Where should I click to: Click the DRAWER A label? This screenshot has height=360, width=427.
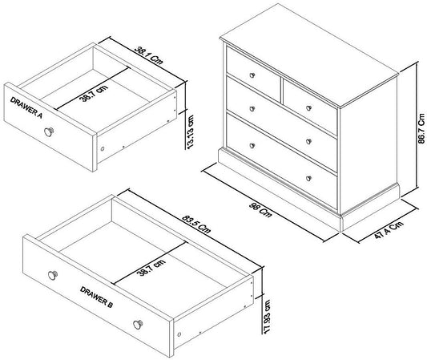(x=26, y=107)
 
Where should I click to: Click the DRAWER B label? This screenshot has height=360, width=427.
(x=96, y=297)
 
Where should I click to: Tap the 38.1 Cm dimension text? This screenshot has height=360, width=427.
(x=149, y=55)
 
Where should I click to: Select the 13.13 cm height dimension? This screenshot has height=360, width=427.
(x=191, y=131)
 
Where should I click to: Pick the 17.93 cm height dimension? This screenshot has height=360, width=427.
(x=267, y=317)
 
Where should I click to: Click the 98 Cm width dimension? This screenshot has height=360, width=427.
(x=260, y=209)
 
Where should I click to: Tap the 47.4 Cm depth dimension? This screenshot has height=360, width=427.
(x=389, y=230)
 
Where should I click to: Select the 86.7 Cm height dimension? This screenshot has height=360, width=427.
(x=421, y=128)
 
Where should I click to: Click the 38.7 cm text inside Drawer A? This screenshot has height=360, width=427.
(x=94, y=94)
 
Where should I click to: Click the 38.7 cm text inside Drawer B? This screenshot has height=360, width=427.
(x=151, y=268)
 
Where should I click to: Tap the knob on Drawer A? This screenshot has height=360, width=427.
(x=49, y=132)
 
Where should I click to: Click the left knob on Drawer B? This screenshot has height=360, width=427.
(x=53, y=275)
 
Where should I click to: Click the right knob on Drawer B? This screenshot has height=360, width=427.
(x=138, y=324)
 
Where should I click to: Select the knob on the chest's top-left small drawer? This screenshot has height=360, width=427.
(x=252, y=75)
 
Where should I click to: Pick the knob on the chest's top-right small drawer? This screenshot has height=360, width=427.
(x=308, y=108)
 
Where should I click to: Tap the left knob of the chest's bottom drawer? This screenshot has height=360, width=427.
(x=252, y=146)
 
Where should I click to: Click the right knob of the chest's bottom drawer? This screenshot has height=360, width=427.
(x=308, y=179)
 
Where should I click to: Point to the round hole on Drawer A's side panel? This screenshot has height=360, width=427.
(x=103, y=149)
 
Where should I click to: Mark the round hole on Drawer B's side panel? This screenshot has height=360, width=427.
(x=179, y=334)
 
